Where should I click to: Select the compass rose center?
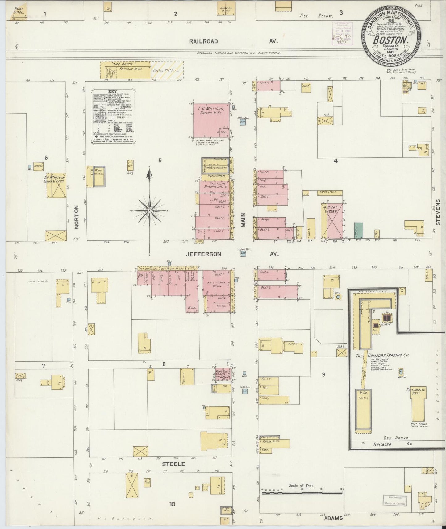149,210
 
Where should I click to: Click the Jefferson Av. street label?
204,254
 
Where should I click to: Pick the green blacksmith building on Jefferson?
358,231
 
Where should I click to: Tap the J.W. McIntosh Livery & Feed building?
56,185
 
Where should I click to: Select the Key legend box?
115,117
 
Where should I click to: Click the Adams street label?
334,518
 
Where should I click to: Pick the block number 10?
172,504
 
